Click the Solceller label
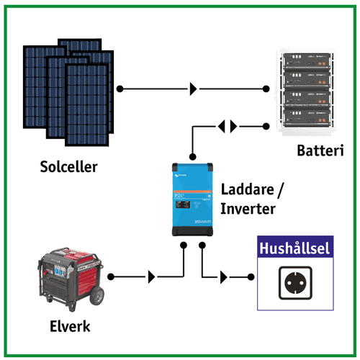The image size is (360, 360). (68, 168)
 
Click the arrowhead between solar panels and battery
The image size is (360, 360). (194, 89)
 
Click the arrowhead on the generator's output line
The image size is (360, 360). (150, 276)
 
